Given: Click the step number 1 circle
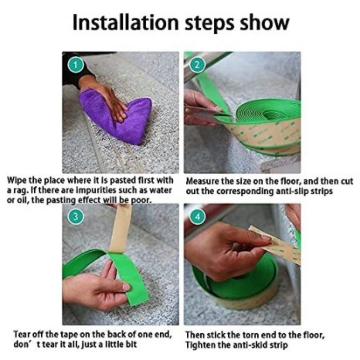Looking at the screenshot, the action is pos(76,65).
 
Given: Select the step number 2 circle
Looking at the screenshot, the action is pos(197,65).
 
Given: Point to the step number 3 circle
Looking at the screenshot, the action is pos(76,216).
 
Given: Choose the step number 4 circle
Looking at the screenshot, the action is pos(197,216).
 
